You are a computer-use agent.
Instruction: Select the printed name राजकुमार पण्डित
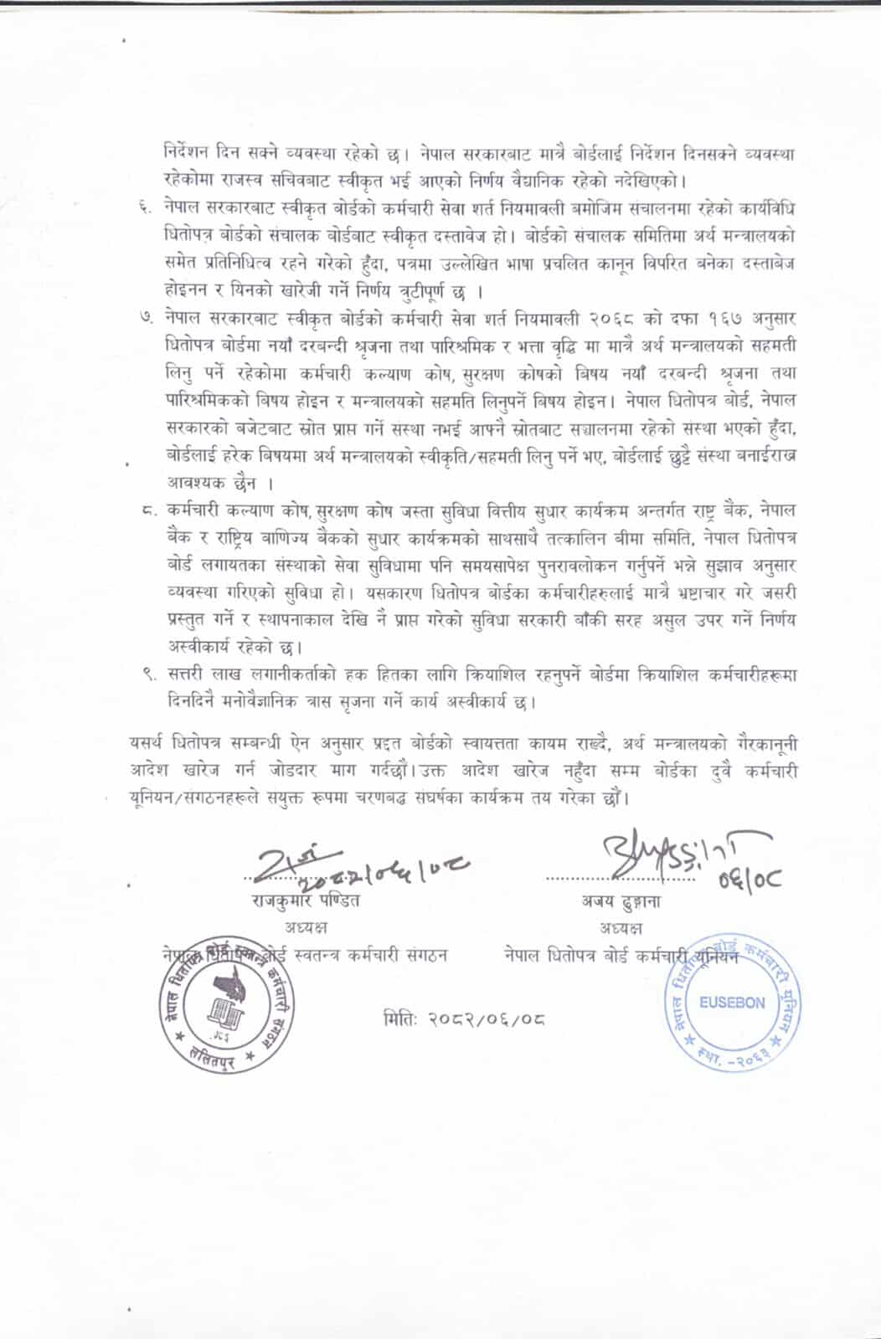coord(306,902)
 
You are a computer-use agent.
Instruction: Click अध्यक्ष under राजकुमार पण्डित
coord(306,928)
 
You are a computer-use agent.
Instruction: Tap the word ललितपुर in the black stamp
coord(211,1056)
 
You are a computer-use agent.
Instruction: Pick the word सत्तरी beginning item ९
coord(188,675)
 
